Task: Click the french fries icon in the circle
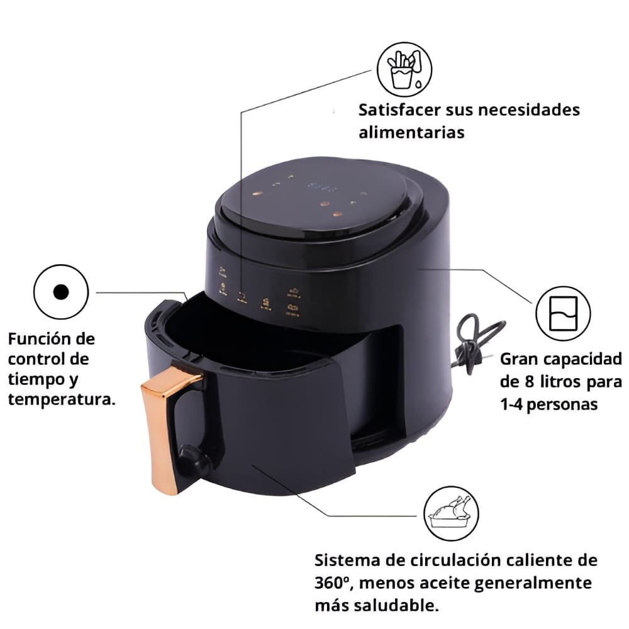click(404, 69)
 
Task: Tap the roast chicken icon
click(451, 513)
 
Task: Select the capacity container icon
click(563, 313)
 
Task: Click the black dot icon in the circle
click(61, 292)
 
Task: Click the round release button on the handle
click(192, 460)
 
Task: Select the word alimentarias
click(411, 132)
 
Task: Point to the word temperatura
click(62, 399)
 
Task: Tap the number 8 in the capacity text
click(530, 382)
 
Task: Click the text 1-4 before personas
click(511, 404)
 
